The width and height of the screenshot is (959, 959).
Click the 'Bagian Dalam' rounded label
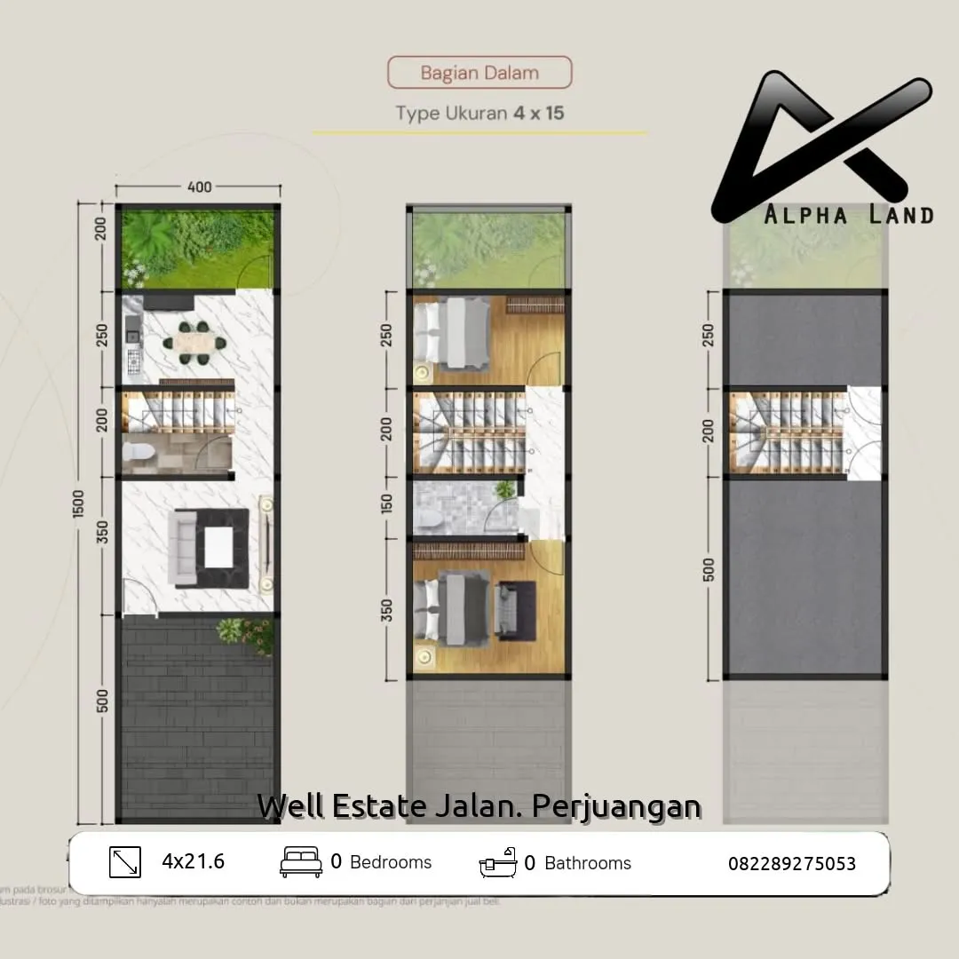click(x=479, y=73)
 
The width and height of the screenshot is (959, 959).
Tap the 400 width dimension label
click(x=200, y=187)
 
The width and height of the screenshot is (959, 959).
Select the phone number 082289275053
click(x=792, y=863)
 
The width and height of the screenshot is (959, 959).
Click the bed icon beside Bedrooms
click(x=301, y=862)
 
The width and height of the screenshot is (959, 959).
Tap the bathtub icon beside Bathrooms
click(x=498, y=862)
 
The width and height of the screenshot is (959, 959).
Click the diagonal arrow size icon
click(x=125, y=862)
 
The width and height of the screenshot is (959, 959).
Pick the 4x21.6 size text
click(x=193, y=861)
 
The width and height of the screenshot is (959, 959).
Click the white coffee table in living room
click(x=218, y=547)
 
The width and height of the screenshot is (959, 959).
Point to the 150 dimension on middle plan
click(x=386, y=505)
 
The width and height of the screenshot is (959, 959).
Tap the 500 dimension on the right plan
click(x=709, y=569)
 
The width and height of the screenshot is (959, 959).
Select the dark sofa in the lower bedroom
click(x=516, y=608)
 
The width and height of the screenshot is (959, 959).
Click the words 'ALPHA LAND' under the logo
click(x=849, y=215)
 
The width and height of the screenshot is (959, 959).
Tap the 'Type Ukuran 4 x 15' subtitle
click(x=479, y=114)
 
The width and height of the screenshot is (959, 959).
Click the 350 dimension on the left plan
click(x=103, y=533)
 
